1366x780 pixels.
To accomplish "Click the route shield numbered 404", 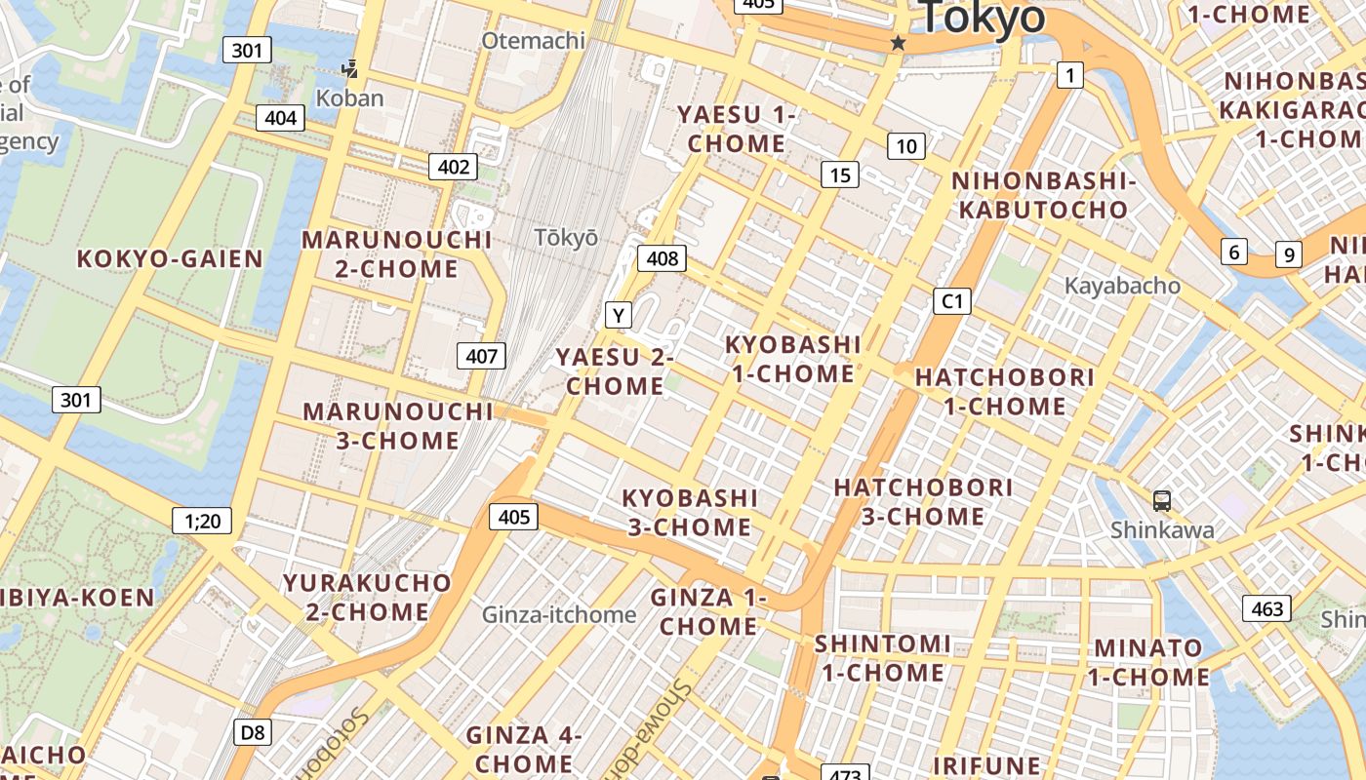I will pyautogui.click(x=281, y=119).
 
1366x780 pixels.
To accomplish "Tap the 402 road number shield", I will pyautogui.click(x=454, y=167).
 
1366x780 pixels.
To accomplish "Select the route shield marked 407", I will pyautogui.click(x=481, y=356).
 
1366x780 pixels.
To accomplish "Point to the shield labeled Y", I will pyautogui.click(x=619, y=315).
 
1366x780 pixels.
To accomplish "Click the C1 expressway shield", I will pyautogui.click(x=952, y=301).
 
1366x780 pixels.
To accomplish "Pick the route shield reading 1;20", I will pyautogui.click(x=203, y=521).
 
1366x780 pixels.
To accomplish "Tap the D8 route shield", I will pyautogui.click(x=252, y=732).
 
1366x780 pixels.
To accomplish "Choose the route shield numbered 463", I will pyautogui.click(x=1266, y=609).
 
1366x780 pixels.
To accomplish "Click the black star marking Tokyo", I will pyautogui.click(x=898, y=43).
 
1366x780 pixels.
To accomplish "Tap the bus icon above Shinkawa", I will pyautogui.click(x=1161, y=500).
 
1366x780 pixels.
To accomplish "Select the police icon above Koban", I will pyautogui.click(x=349, y=69).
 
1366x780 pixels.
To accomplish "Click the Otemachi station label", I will pyautogui.click(x=534, y=40).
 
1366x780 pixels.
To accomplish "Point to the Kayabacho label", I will pyautogui.click(x=1122, y=286).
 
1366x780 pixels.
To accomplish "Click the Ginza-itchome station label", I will pyautogui.click(x=559, y=614).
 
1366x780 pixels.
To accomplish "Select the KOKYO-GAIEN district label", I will pyautogui.click(x=170, y=258).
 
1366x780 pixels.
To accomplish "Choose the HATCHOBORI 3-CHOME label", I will pyautogui.click(x=923, y=501).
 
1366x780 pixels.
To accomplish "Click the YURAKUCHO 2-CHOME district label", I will pyautogui.click(x=367, y=598).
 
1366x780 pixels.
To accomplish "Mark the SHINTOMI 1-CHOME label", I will pyautogui.click(x=883, y=658).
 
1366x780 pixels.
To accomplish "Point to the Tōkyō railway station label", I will pyautogui.click(x=566, y=238).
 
